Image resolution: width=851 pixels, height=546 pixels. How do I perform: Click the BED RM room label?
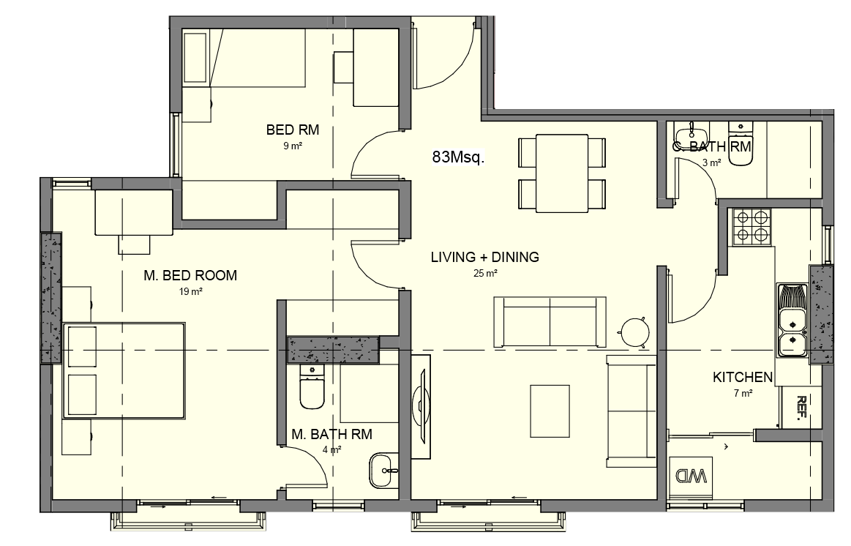click(293, 130)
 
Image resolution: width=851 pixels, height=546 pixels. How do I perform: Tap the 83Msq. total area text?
click(458, 157)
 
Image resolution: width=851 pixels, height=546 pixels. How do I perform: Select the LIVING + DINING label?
click(484, 257)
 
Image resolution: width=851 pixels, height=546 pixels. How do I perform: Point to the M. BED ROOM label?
click(190, 275)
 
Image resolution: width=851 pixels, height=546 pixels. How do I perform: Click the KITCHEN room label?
click(743, 377)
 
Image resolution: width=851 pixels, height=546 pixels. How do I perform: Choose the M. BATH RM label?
click(331, 434)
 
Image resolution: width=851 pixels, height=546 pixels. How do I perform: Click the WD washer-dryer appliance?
click(691, 476)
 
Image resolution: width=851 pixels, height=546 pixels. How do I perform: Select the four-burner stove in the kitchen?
click(751, 227)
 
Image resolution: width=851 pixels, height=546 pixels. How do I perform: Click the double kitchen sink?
click(792, 321)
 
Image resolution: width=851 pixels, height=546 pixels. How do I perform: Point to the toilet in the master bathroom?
click(312, 387)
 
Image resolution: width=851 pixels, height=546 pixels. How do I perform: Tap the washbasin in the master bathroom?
click(383, 471)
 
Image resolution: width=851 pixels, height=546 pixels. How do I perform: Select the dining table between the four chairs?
click(562, 173)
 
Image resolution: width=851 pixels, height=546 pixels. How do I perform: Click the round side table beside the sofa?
click(634, 331)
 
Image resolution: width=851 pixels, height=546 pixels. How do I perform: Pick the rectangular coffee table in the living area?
click(550, 411)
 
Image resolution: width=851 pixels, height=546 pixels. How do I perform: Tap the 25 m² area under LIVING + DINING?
click(485, 274)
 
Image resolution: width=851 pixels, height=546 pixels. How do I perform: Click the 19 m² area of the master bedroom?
click(190, 292)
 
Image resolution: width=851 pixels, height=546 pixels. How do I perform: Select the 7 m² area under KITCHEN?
click(743, 394)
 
